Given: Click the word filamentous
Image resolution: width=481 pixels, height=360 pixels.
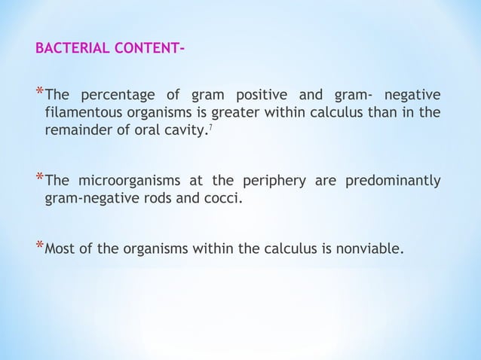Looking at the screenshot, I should (x=81, y=114).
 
